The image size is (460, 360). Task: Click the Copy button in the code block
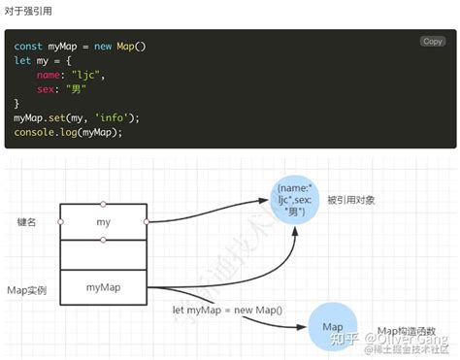pyautogui.click(x=433, y=41)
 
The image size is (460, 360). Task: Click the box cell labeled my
pyautogui.click(x=104, y=222)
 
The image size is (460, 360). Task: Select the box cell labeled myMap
pyautogui.click(x=104, y=287)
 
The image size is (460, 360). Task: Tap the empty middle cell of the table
pyautogui.click(x=104, y=255)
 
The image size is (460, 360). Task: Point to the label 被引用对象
pyautogui.click(x=350, y=200)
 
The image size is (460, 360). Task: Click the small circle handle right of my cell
pyautogui.click(x=148, y=222)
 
